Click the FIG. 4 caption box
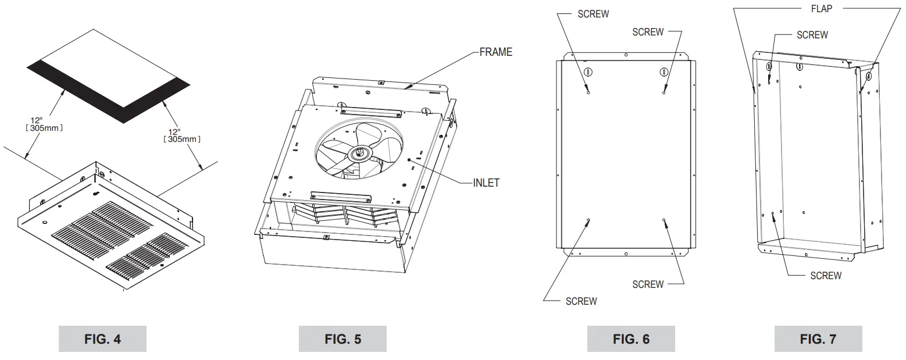coord(102,339)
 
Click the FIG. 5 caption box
coord(343,339)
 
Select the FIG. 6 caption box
coord(631,339)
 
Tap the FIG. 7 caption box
coord(818,339)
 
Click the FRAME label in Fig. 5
coord(495,52)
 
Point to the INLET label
coord(486,183)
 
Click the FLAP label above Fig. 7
coord(821,9)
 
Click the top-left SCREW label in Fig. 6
coord(593,14)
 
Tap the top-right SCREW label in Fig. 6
coord(648,32)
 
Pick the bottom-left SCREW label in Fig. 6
coord(581,301)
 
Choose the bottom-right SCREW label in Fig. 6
coord(648,284)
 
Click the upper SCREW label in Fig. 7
coord(812,35)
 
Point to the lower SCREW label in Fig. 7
coord(826,275)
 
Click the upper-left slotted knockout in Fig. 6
coord(588,72)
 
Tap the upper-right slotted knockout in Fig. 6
coord(664,72)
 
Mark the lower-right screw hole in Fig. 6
coord(664,220)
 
